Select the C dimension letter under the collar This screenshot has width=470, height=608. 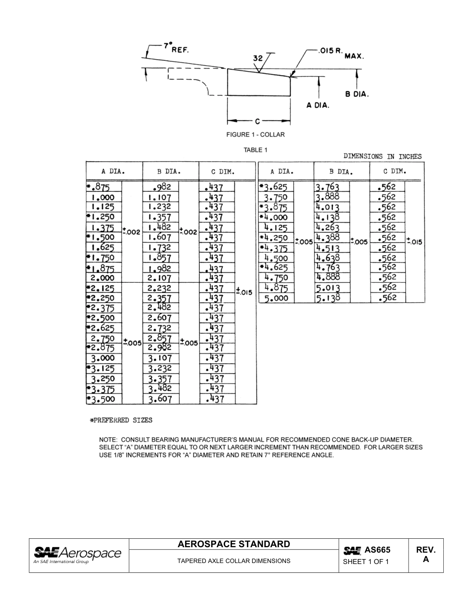click(x=258, y=121)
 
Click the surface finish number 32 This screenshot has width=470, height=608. click(x=258, y=58)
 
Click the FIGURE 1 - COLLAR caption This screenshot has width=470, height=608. click(x=255, y=134)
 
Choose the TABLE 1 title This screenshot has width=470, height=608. click(x=255, y=150)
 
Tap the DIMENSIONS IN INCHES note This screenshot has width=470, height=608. click(x=382, y=157)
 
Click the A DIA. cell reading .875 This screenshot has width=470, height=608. click(x=99, y=187)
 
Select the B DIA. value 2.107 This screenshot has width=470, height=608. click(x=159, y=278)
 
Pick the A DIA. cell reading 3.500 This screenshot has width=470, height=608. click(x=102, y=399)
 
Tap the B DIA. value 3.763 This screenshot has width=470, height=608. click(x=328, y=187)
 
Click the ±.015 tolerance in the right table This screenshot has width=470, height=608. click(x=415, y=242)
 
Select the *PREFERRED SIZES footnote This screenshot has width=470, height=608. click(x=121, y=421)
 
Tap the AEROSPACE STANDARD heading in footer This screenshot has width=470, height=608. click(x=234, y=545)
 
